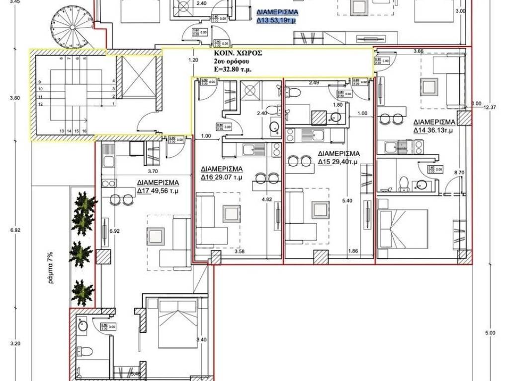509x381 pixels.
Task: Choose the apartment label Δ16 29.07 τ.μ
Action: coord(222,172)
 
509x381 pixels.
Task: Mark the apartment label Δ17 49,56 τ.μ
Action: coord(158,186)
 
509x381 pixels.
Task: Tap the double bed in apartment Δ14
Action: coord(403,228)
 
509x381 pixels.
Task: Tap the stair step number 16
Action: coord(85,130)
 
